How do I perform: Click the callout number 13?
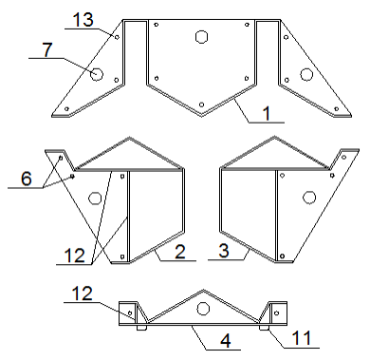[x=83, y=20]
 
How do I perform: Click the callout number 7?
[x=47, y=49]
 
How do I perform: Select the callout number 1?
[x=267, y=113]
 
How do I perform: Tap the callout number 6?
[x=27, y=179]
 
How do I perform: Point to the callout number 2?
[x=180, y=252]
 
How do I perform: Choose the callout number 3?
[x=224, y=251]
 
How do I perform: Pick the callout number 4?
[x=225, y=341]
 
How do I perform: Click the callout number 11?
[x=301, y=338]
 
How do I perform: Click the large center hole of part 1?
[x=201, y=36]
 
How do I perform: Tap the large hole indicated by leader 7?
[x=97, y=74]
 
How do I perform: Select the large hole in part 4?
[x=203, y=308]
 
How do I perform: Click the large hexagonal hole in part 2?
[x=95, y=199]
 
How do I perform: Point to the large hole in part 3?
[x=309, y=198]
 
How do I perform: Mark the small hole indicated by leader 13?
[x=117, y=37]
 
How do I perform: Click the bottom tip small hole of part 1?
[x=201, y=104]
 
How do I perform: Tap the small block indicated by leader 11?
[x=264, y=328]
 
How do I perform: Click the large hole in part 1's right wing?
[x=306, y=74]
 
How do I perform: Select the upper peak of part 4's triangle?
[x=203, y=290]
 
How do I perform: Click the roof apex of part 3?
[x=274, y=137]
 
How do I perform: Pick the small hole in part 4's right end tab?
[x=277, y=313]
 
